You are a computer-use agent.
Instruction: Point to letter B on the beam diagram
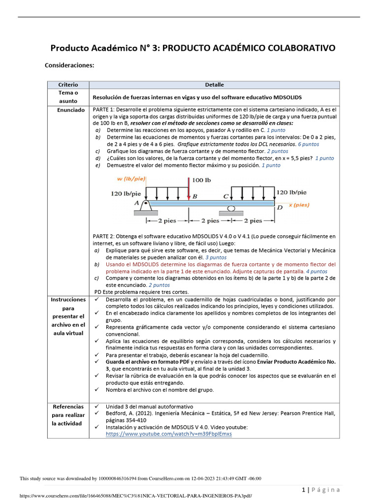[x=195, y=196]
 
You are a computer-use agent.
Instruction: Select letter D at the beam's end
[x=280, y=207]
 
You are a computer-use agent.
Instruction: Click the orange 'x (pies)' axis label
[x=300, y=205]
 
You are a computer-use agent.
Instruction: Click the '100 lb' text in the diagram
[x=202, y=180]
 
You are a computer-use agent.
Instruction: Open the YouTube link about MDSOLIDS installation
[x=169, y=434]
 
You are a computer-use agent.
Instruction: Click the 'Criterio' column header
[x=68, y=85]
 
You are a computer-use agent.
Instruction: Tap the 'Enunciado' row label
[x=70, y=110]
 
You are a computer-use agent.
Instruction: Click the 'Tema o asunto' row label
[x=68, y=96]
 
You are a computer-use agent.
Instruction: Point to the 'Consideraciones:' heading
[x=69, y=65]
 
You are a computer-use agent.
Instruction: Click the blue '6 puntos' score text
[x=309, y=144]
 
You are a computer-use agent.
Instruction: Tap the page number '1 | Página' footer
[x=320, y=489]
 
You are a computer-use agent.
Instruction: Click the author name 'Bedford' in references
[x=117, y=413]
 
